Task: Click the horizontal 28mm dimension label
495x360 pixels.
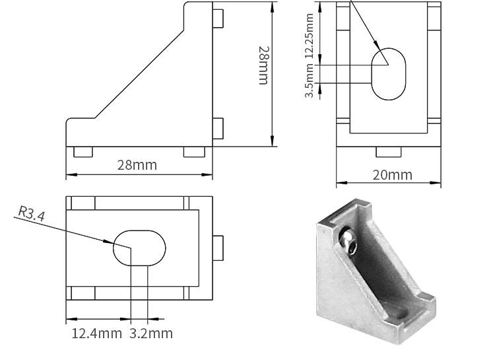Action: [x=137, y=165]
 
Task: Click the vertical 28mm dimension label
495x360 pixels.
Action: [x=263, y=65]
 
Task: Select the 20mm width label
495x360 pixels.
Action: [x=393, y=175]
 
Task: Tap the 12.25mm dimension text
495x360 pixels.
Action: [x=310, y=36]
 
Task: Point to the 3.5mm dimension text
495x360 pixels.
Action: [x=310, y=81]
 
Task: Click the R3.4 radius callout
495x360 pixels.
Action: [x=31, y=213]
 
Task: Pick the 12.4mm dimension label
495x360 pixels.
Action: [x=96, y=334]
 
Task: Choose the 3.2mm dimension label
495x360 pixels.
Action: [x=151, y=334]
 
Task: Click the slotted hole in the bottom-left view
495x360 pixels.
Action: [x=139, y=248]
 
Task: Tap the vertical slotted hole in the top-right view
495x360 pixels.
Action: [x=388, y=74]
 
